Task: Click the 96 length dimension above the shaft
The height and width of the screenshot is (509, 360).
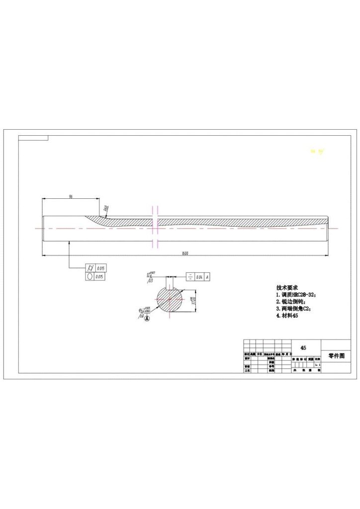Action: pos(71,197)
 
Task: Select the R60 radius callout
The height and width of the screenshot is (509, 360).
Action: pos(106,210)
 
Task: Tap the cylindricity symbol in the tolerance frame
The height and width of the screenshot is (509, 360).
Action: pos(90,267)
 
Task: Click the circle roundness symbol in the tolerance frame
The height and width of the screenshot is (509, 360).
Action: pos(90,276)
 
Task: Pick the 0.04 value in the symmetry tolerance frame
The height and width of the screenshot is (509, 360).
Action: pos(199,277)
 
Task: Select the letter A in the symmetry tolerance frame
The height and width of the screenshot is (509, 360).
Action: pos(207,277)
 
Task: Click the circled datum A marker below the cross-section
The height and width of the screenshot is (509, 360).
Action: pos(147,319)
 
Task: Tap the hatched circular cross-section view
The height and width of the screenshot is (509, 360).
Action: pos(171,300)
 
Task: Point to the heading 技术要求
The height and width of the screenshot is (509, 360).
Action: pos(287,288)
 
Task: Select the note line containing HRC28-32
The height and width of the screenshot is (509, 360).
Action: pos(296,295)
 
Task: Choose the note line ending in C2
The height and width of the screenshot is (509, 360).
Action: pos(293,309)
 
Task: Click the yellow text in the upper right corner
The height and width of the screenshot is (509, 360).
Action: pos(317,151)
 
